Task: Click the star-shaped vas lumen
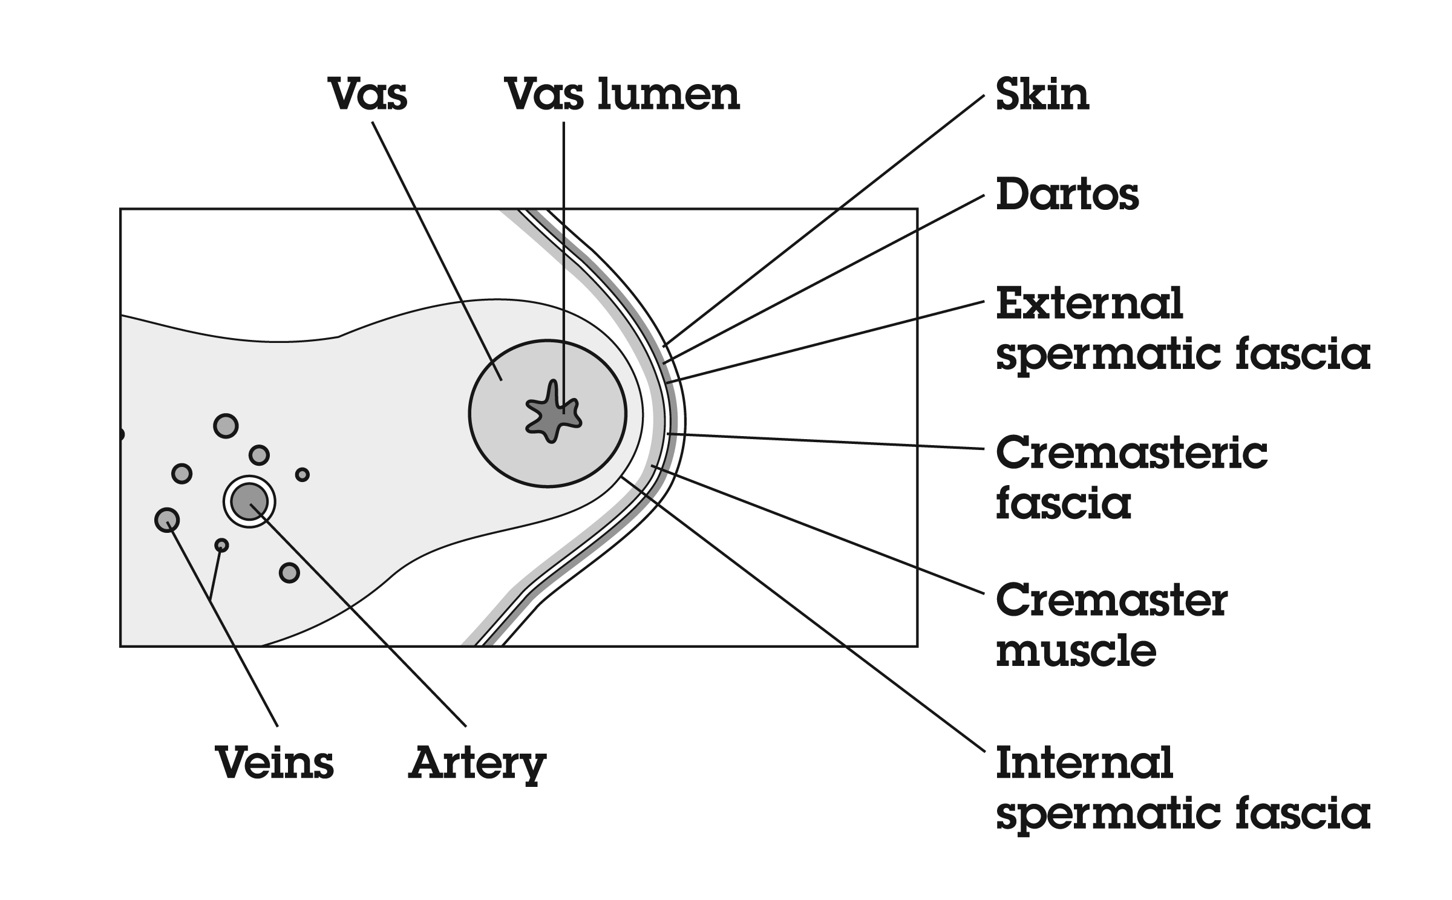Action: coord(552,412)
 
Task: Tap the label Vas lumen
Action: coord(623,95)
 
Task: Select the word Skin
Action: coord(1042,95)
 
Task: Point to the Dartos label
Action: coord(1067,195)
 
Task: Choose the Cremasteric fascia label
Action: coord(1131,478)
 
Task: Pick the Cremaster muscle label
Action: coord(1112,626)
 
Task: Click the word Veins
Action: coord(275,763)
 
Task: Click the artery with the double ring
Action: coord(249,501)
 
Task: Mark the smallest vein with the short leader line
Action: coord(222,545)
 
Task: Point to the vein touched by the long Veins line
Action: coord(167,520)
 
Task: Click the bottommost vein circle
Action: coord(289,572)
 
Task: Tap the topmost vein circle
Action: coord(226,426)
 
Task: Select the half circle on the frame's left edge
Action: coord(122,434)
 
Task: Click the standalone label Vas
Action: coord(367,95)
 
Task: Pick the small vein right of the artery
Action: coord(302,474)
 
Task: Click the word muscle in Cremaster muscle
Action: coord(1076,651)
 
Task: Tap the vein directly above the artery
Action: coord(259,454)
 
